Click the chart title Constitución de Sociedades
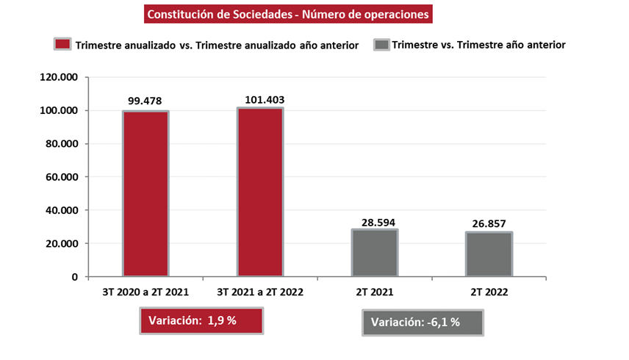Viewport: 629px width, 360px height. point(287,15)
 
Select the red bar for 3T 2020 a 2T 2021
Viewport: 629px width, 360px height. point(145,194)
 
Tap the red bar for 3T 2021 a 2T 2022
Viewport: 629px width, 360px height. point(260,192)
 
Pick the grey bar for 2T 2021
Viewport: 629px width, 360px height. point(375,253)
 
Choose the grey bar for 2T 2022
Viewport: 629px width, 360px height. point(489,255)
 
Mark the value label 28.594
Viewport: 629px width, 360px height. point(375,221)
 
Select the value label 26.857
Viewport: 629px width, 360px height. point(489,224)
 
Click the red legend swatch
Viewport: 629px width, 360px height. point(63,45)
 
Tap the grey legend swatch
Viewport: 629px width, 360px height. point(382,45)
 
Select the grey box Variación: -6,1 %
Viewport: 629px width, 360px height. point(423,323)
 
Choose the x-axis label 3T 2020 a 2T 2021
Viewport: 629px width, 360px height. point(145,292)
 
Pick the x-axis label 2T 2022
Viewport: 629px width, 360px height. point(489,292)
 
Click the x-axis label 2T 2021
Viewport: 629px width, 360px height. point(375,292)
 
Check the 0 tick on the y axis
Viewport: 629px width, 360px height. point(74,277)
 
